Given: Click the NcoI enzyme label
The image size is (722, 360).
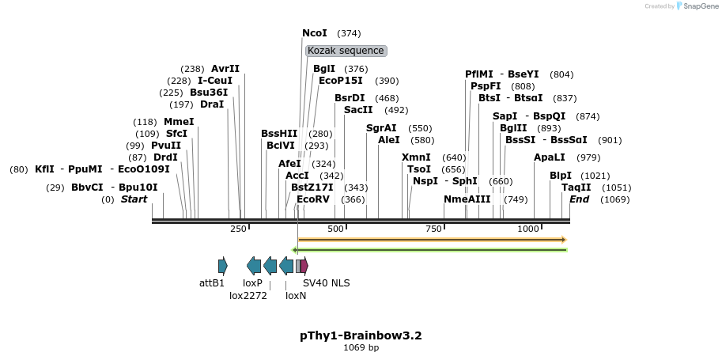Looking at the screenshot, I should point(314,33).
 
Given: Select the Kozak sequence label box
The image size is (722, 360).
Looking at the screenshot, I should point(346,51).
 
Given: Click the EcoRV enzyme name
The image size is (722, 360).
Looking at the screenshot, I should point(312,199).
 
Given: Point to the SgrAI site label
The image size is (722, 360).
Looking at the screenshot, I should point(381,128).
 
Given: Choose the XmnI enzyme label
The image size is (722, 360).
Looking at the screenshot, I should point(416,157).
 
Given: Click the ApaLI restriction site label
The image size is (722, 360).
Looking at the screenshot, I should point(550,157).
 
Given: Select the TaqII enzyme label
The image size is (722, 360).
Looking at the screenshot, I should point(576,188).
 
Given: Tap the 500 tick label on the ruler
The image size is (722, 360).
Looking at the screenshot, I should point(336,229).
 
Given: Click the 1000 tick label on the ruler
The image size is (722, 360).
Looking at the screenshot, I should point(528,229).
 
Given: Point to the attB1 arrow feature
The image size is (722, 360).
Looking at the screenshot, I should point(223,266).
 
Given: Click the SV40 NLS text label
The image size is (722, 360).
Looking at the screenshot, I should point(326,282).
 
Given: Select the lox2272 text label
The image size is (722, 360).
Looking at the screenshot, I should point(248,296).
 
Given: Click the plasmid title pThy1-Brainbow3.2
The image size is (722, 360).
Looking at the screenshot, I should point(361,335).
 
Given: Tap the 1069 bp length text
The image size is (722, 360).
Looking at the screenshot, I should point(361,348).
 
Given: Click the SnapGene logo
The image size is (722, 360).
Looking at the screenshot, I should point(694,6).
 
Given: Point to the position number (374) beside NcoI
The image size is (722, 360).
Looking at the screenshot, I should point(349,33).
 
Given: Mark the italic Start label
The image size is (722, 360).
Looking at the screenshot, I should point(134,199).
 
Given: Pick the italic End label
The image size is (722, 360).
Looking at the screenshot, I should point(579,199).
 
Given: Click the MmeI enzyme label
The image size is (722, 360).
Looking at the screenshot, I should point(179,122).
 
